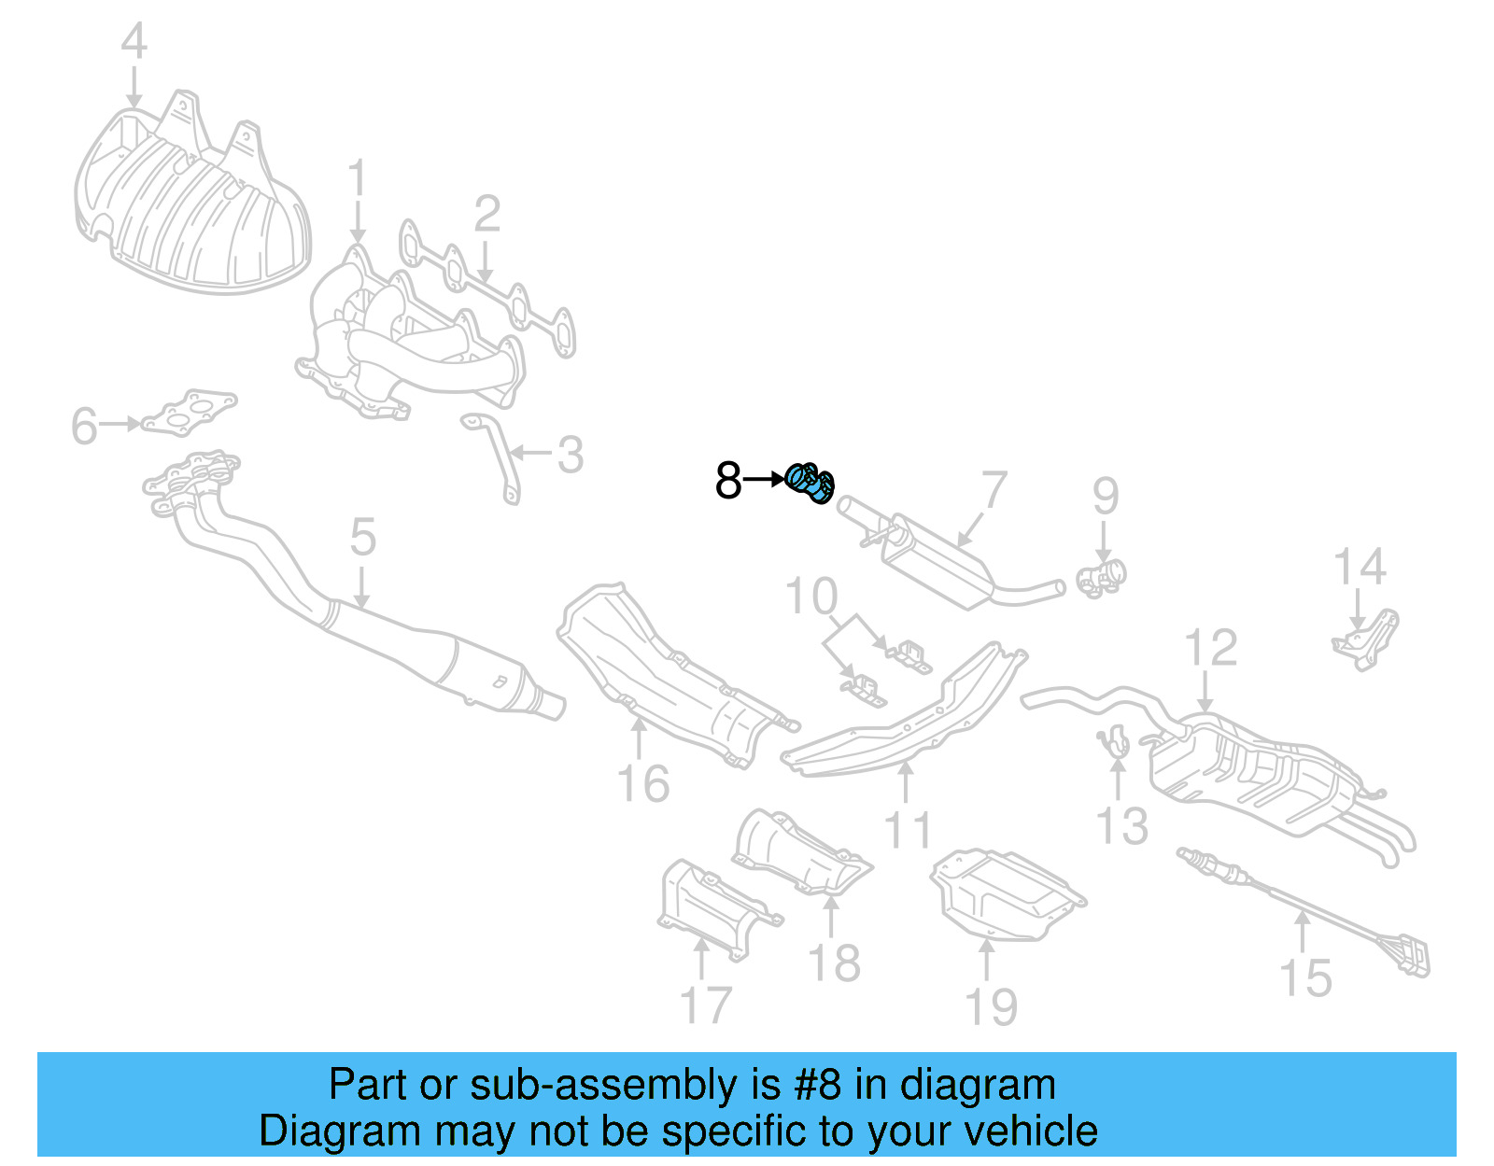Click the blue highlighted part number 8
click(810, 482)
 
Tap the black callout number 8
click(727, 482)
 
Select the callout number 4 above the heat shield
click(134, 42)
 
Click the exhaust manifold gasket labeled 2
click(486, 289)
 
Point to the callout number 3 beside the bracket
click(570, 456)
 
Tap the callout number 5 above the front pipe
click(362, 539)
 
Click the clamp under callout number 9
click(1103, 577)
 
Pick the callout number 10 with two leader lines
click(811, 597)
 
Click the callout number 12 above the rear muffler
click(1210, 648)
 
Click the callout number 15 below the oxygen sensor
click(1304, 978)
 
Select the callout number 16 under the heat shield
click(643, 784)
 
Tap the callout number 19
click(991, 1008)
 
